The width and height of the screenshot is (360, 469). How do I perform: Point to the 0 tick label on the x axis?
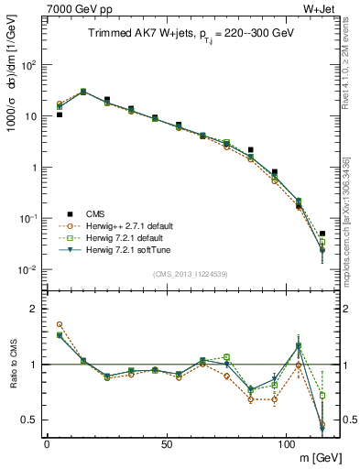click(47, 443)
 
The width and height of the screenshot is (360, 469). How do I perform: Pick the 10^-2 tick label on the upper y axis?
click(28, 270)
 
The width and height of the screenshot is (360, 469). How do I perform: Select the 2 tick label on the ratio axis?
click(33, 309)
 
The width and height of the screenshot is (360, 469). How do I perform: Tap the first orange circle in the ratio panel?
click(60, 324)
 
